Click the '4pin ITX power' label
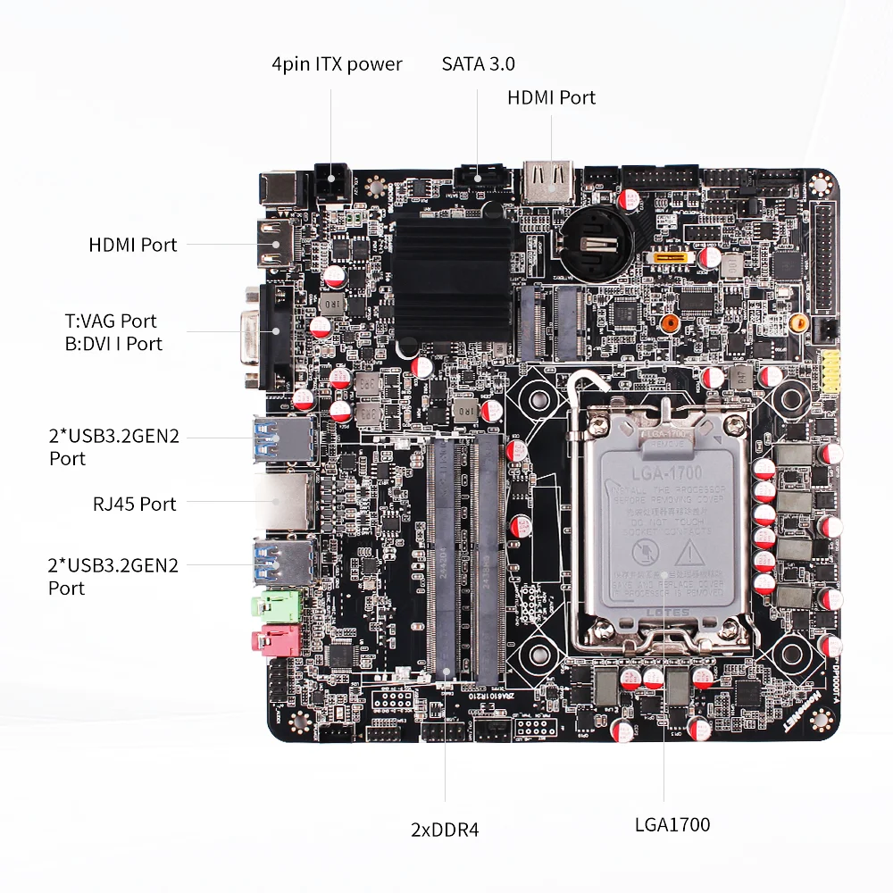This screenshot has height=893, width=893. (x=337, y=64)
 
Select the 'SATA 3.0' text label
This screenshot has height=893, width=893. (x=478, y=64)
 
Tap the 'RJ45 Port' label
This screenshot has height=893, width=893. (x=135, y=504)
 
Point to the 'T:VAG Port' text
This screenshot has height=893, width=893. (x=110, y=321)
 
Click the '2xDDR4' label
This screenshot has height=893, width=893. (x=445, y=829)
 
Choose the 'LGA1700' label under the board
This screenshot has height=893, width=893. (x=672, y=824)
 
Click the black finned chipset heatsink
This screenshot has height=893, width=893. (x=454, y=277)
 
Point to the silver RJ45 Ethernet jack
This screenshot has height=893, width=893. (x=284, y=503)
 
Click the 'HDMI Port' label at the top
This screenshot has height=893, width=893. (x=551, y=97)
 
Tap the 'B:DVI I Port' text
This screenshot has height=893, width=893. (x=113, y=344)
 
